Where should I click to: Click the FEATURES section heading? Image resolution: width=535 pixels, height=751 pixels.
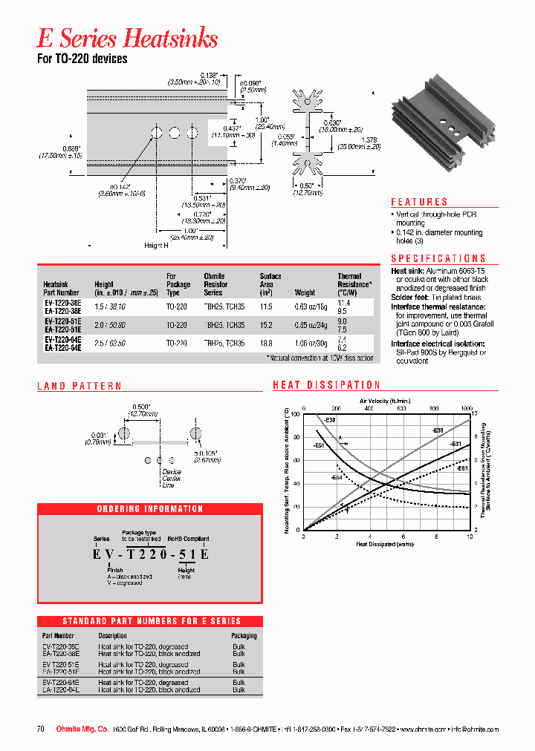pos(419,202)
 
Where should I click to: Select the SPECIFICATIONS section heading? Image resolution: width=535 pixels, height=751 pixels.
pos(444,258)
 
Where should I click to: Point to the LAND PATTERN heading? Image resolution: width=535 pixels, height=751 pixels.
pos(80,386)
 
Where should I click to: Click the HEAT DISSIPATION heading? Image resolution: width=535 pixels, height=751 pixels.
pos(326,385)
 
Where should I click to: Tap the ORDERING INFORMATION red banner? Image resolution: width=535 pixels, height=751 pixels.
pos(149,509)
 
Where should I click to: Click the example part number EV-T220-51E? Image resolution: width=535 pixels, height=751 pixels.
pos(150,553)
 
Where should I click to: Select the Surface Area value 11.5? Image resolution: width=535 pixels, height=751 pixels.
pos(267,304)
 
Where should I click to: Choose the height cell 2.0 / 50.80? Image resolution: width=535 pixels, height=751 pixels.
pos(111,324)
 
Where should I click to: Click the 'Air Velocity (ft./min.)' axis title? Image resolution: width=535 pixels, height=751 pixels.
pos(385,400)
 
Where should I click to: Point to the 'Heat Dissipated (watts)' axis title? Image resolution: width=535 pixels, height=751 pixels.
pos(386,544)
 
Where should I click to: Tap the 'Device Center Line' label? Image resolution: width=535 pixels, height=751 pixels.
pos(171,479)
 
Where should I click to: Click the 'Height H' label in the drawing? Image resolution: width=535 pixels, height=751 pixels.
pos(156,246)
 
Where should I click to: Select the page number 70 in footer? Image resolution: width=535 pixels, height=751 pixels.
pos(41,729)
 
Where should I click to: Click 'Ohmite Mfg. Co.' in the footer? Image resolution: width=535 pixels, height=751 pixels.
pos(82,729)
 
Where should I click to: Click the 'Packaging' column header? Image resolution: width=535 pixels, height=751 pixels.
pos(244,636)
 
